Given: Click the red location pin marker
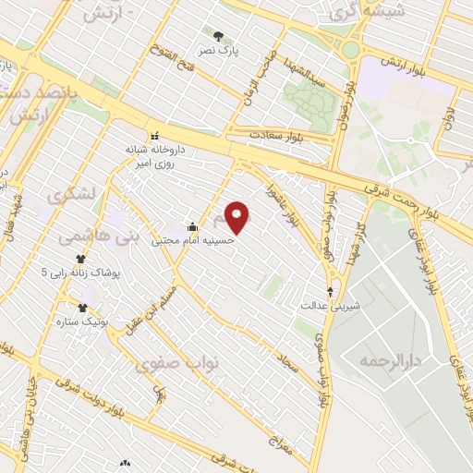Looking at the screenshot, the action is [238, 217].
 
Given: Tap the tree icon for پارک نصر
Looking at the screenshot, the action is [217, 37].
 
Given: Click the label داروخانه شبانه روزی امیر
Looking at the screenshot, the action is [156, 153].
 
